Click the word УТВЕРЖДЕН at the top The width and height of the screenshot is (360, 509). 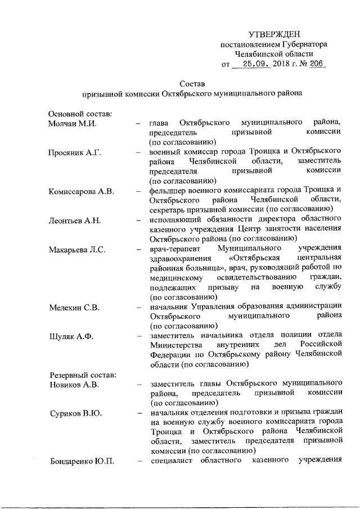pos(274,35)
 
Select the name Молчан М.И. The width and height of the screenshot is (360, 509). pos(72,123)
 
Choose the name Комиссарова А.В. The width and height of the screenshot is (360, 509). pos(82,191)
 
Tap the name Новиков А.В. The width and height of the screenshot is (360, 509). pos(74,384)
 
